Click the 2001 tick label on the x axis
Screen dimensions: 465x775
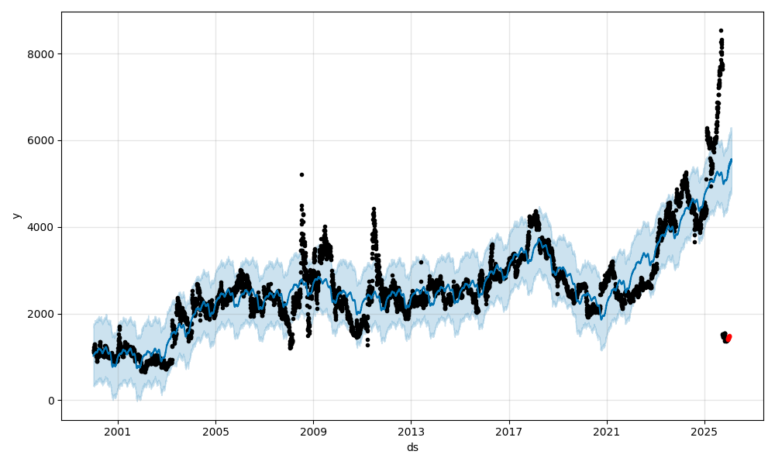(x=118, y=432)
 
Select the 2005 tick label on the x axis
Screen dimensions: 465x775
(x=215, y=432)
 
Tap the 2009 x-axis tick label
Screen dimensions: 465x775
(x=313, y=432)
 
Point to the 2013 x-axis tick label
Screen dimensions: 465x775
(x=411, y=432)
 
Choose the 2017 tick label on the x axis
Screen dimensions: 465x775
(x=508, y=432)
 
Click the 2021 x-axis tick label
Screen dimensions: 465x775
(x=606, y=432)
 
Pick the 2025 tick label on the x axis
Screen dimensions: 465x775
(x=704, y=432)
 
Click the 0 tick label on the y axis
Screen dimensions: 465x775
(x=51, y=401)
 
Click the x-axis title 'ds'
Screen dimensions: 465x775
(x=412, y=447)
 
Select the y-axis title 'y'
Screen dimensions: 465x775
(x=15, y=215)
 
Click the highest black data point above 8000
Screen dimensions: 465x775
(x=721, y=30)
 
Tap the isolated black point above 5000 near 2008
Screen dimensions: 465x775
(x=301, y=174)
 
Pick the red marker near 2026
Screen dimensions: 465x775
(x=728, y=338)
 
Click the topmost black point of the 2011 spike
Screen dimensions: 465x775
(x=374, y=208)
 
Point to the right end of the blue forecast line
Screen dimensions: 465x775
(x=731, y=160)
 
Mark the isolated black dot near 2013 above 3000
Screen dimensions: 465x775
(x=422, y=262)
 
